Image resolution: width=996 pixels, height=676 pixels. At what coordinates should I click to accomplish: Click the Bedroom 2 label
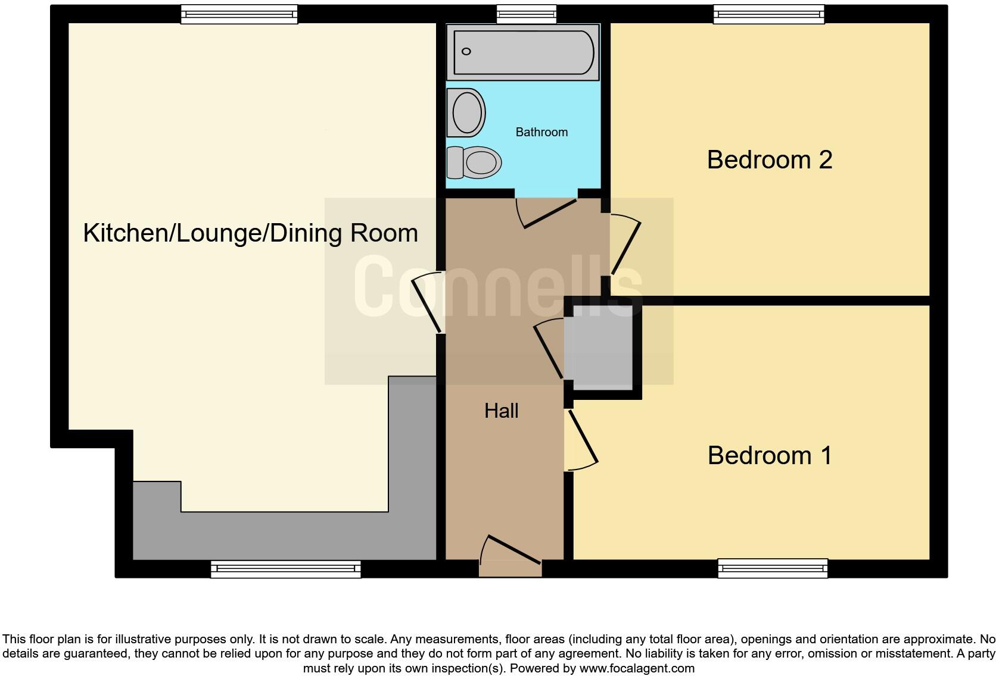click(x=769, y=160)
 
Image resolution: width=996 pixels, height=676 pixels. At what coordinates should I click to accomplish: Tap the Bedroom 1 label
click(x=770, y=456)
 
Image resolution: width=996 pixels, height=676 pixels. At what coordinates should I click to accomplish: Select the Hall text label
click(x=501, y=411)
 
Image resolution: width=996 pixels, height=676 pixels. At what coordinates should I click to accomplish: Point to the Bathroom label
click(x=541, y=132)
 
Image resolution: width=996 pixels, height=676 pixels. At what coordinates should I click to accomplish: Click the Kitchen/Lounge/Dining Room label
click(x=250, y=233)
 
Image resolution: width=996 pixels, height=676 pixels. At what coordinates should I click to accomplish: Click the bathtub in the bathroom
click(x=523, y=52)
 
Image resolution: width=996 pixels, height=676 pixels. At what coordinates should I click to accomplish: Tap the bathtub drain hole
click(x=466, y=52)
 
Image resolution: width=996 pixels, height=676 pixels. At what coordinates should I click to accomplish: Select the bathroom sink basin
click(x=466, y=113)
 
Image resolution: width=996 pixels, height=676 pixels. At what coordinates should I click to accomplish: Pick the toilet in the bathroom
click(x=474, y=162)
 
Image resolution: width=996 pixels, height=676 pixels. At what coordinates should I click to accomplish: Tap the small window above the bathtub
click(x=526, y=14)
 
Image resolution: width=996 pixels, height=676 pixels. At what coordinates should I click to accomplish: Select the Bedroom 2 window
click(x=769, y=14)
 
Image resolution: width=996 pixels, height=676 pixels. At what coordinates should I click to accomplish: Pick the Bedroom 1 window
click(x=773, y=568)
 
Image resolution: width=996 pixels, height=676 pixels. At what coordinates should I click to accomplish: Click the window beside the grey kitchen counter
click(x=285, y=569)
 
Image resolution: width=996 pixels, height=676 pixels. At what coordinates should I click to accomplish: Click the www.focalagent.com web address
click(x=637, y=668)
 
